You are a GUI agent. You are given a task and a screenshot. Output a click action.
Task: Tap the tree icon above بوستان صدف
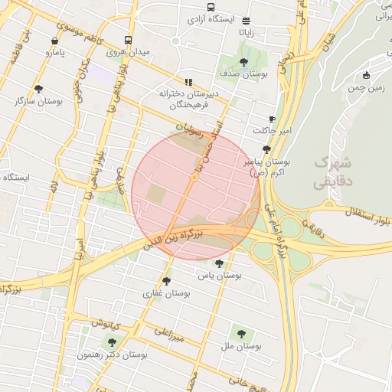243,61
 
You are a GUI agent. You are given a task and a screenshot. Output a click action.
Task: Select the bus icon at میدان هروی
126,41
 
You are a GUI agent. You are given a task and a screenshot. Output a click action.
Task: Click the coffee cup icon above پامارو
54,41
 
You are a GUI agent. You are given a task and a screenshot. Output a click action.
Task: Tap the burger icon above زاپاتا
246,21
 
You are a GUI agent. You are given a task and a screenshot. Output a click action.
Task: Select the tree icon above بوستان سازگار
38,89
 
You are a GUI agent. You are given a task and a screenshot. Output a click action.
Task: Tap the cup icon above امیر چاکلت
273,119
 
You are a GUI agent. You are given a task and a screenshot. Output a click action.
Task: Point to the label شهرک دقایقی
332,173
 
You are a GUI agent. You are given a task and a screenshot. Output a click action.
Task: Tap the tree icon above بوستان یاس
220,262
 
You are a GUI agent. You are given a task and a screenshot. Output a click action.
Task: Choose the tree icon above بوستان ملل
242,334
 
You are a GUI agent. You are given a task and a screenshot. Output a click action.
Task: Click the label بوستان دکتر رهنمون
113,355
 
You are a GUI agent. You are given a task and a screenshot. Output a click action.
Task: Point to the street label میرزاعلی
170,334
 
